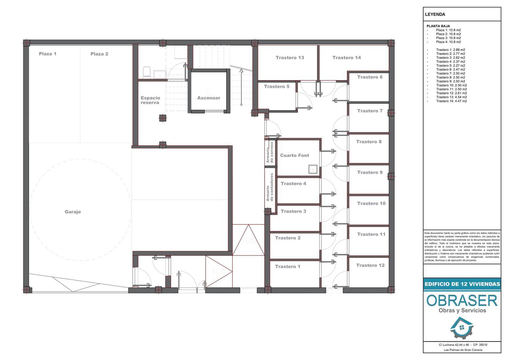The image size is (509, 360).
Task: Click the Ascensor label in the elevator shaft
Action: pos(209,98)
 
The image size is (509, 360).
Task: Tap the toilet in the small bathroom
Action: pos(147,72)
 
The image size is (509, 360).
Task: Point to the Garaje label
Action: pos(73,212)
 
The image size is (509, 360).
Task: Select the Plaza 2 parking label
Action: pos(99,54)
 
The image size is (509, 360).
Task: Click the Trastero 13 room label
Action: pos(290,57)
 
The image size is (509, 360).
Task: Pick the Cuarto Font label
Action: pos(295,155)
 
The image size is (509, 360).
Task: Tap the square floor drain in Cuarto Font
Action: pos(313,169)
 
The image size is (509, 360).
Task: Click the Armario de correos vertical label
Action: pos(270,152)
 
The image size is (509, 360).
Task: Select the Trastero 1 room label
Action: pos(287,267)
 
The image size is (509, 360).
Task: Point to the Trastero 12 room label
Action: pos(371,265)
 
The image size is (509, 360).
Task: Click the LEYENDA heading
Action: pos(435,14)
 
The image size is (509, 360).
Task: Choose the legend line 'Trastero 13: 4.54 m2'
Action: pos(451,97)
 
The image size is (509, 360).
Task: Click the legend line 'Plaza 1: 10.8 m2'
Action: pos(448,30)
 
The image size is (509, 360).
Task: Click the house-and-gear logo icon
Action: pos(462,328)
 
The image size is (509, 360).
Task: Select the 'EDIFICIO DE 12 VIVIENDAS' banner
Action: pos(462,284)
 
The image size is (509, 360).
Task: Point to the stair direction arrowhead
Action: pos(241,71)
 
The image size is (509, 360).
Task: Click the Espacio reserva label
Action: pos(150,100)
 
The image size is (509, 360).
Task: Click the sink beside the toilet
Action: pos(160,74)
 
